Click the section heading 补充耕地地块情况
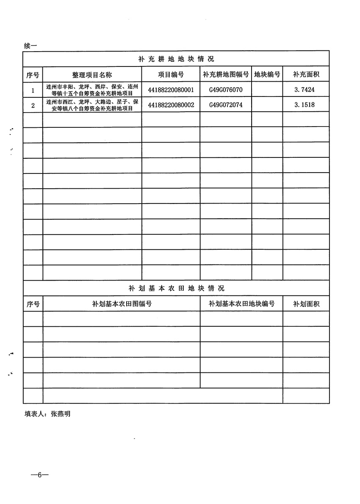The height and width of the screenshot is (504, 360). tap(176, 59)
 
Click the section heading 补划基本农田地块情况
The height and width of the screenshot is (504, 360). tap(176, 288)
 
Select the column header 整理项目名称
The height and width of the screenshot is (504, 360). tap(92, 75)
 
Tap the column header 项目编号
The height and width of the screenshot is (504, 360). tap(171, 75)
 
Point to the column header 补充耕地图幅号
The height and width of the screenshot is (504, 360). tap(225, 75)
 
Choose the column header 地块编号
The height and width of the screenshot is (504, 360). tap(267, 75)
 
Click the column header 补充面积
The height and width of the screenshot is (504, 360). tap(306, 75)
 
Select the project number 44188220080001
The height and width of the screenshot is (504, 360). tap(171, 90)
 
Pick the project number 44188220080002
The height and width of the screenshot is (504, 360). tap(171, 105)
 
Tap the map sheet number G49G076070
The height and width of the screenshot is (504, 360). tap(225, 90)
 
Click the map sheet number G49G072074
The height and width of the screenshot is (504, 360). tap(225, 105)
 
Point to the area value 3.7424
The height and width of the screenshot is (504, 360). tap(306, 90)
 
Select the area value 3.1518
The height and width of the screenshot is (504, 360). tap(306, 105)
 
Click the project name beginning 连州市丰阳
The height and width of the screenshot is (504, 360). tap(92, 90)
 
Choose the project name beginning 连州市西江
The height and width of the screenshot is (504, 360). tap(92, 105)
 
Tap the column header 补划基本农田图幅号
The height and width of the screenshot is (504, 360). tap(122, 304)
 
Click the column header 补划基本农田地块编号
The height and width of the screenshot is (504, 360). tap(241, 304)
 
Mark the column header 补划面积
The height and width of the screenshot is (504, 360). tap(306, 304)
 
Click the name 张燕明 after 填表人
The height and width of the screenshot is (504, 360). tap(61, 414)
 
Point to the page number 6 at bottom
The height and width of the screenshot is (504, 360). tap(40, 475)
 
